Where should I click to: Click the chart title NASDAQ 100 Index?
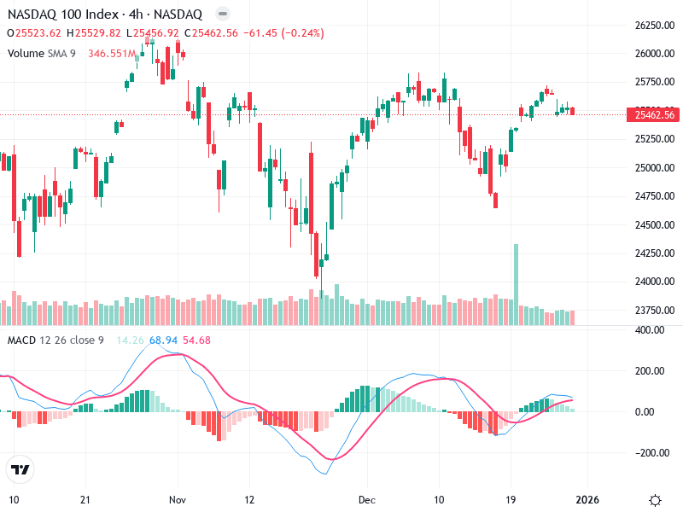[x=59, y=15]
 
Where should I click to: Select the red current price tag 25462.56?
[x=651, y=114]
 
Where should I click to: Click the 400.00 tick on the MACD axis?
[x=651, y=329]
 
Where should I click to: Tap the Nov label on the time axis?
[x=178, y=499]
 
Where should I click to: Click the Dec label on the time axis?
[x=367, y=499]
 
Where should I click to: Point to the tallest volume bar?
[x=516, y=273]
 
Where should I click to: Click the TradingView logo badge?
[x=19, y=470]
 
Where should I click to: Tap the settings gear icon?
[x=656, y=499]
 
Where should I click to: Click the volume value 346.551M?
[x=112, y=53]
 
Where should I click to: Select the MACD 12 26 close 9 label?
[x=55, y=340]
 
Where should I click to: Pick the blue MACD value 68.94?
[x=163, y=340]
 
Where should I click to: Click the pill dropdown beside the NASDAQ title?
[x=223, y=15]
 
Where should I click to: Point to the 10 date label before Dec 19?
[x=439, y=499]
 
